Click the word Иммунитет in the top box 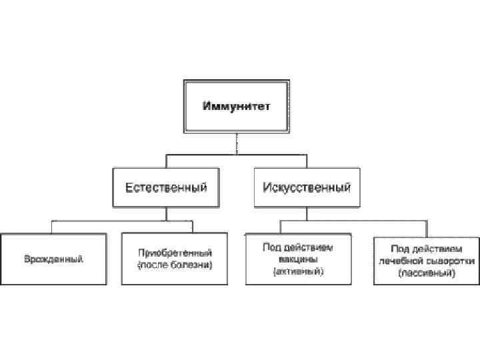tap(237, 106)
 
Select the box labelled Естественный tap(167, 187)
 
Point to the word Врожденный tap(53, 259)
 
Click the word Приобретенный tap(175, 253)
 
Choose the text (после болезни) tap(175, 265)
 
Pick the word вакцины tap(298, 259)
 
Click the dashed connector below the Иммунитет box tap(237, 143)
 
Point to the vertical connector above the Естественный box tap(167, 161)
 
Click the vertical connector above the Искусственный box tap(306, 161)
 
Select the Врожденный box tap(53, 259)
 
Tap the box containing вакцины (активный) tap(298, 259)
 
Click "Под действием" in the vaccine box tap(298, 247)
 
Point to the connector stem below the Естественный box tap(167, 214)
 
